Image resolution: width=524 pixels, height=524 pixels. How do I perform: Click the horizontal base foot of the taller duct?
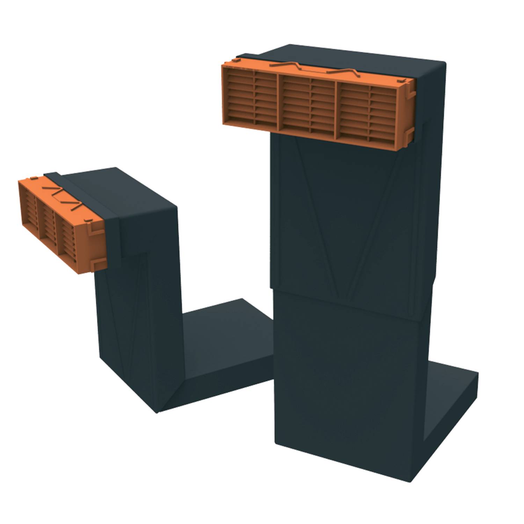451,384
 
